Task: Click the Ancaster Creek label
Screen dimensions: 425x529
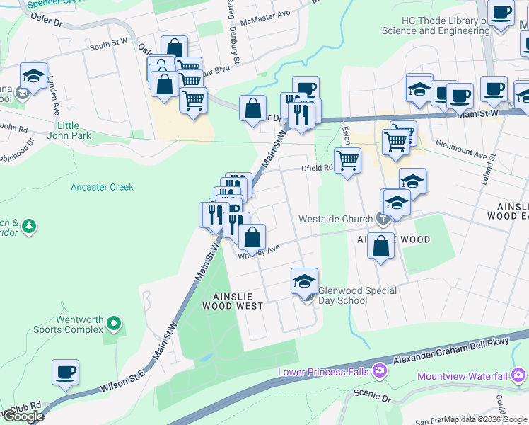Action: pyautogui.click(x=102, y=187)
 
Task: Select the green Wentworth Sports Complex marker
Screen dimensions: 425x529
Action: pyautogui.click(x=115, y=325)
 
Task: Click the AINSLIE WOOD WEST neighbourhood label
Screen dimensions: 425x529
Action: pyautogui.click(x=233, y=301)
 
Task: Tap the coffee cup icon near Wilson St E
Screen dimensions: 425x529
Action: pyautogui.click(x=66, y=372)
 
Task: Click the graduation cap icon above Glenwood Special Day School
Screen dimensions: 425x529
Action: pyautogui.click(x=305, y=281)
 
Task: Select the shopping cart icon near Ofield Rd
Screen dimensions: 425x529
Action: pyautogui.click(x=347, y=161)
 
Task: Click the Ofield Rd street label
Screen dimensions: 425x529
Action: pyautogui.click(x=316, y=168)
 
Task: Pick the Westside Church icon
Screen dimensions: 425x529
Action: pyautogui.click(x=383, y=218)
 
